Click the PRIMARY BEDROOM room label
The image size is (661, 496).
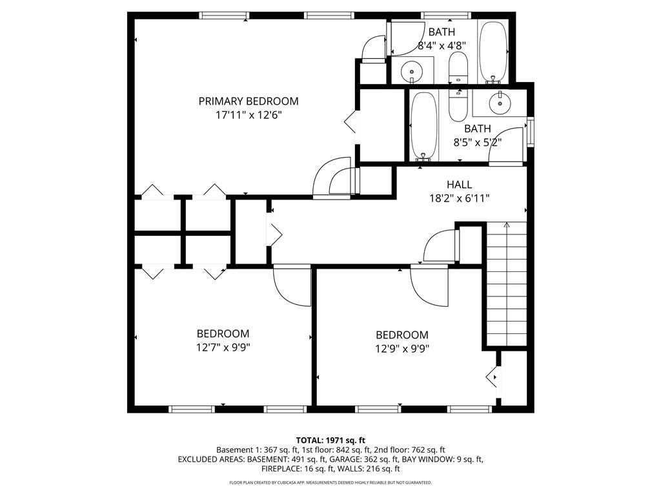[x=248, y=101]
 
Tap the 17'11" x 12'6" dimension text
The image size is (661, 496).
[x=248, y=115]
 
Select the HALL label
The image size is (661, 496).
[x=459, y=185]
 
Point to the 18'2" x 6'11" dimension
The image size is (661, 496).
[x=459, y=198]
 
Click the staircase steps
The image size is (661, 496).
[x=506, y=284]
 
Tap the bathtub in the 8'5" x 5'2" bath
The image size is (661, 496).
[x=423, y=126]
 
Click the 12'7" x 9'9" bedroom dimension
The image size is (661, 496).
[x=223, y=347]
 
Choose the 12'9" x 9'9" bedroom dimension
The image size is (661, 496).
[x=402, y=348]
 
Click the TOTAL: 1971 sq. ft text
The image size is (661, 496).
[x=330, y=440]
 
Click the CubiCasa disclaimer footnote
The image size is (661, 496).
[x=330, y=482]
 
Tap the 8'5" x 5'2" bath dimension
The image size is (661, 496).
[x=477, y=142]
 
